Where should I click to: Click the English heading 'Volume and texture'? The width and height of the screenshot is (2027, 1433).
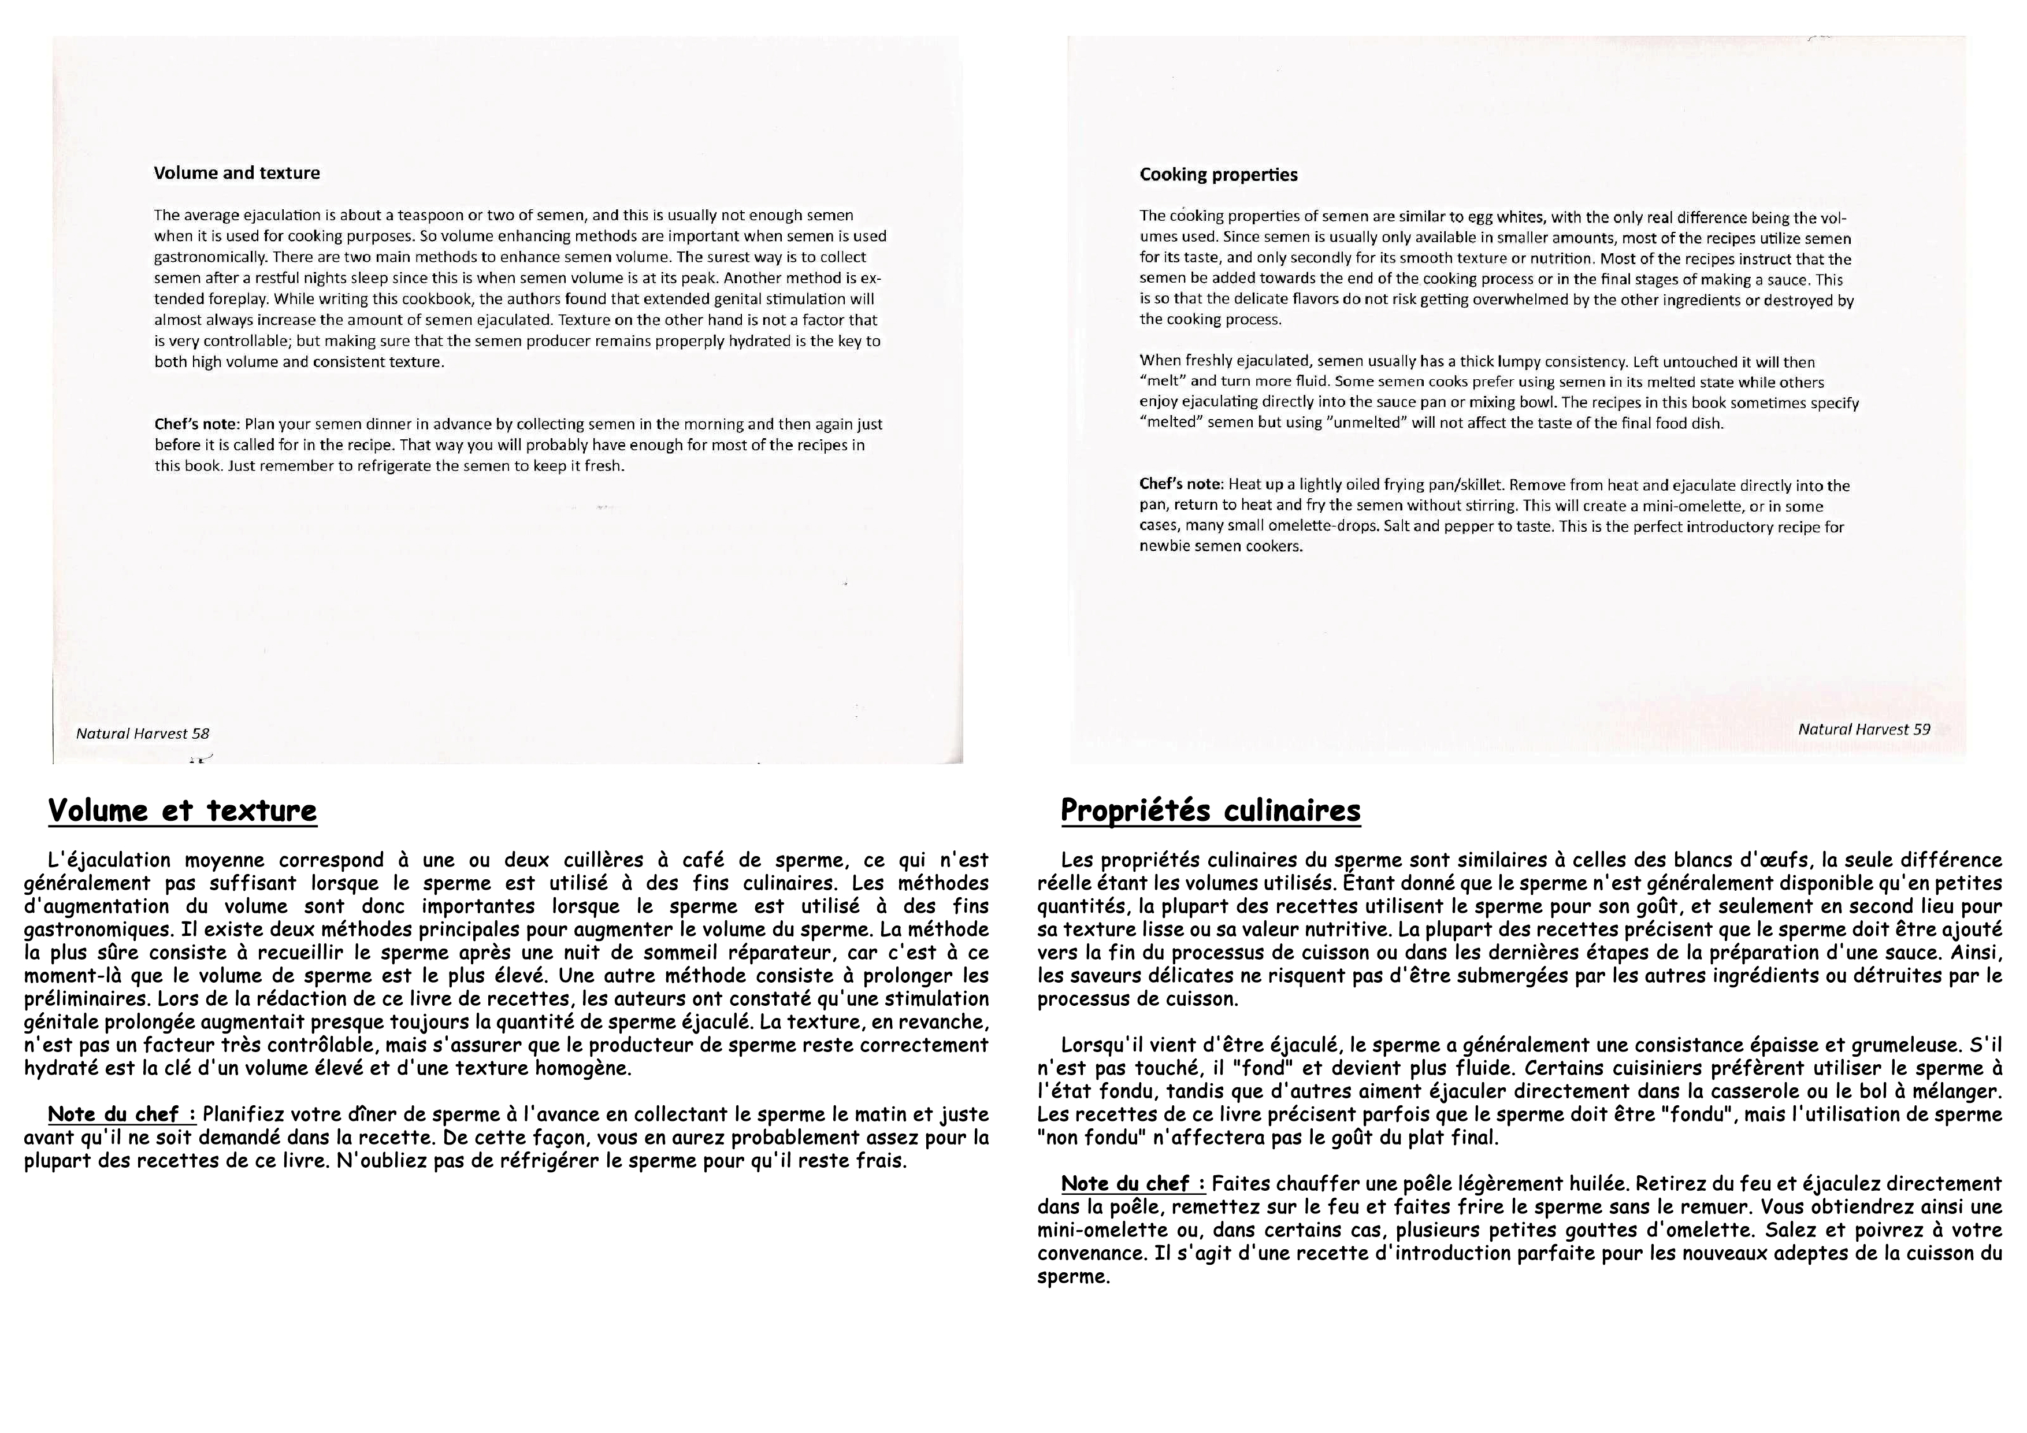pos(236,173)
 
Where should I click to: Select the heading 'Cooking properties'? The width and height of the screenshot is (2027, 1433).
pos(1218,175)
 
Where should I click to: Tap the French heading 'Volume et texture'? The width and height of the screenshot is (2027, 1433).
pos(182,810)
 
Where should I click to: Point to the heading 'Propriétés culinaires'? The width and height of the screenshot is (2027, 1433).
pos(1211,810)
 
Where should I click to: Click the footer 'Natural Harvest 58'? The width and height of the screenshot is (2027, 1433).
pos(142,733)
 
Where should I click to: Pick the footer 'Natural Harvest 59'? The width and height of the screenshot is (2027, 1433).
pos(1863,730)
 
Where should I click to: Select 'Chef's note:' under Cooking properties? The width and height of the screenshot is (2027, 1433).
pos(1181,486)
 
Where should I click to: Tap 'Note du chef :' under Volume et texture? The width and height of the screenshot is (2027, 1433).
pos(121,1114)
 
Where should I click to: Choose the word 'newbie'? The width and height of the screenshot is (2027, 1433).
pos(1159,546)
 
